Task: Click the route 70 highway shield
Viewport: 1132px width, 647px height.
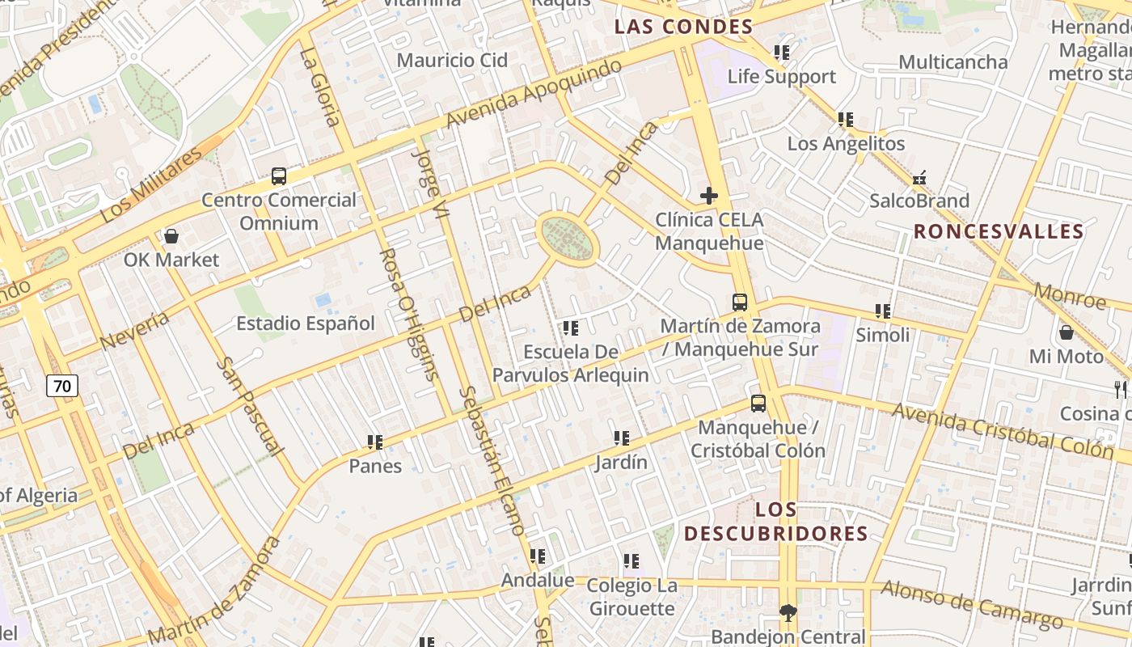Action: (x=62, y=387)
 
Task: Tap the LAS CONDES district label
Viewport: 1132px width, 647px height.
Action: (x=683, y=27)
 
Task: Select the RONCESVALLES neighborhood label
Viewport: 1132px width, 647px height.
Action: (x=999, y=232)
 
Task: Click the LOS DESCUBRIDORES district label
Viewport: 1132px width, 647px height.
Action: (x=776, y=522)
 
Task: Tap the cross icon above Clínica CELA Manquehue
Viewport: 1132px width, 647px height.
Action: (x=709, y=196)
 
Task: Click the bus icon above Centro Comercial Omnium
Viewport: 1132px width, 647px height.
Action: (x=279, y=175)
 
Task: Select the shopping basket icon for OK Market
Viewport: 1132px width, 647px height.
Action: (x=171, y=236)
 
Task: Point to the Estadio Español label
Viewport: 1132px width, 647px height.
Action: (x=305, y=323)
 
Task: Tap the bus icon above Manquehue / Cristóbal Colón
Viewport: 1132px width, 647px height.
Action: (x=758, y=403)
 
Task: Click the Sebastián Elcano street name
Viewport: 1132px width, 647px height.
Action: (x=492, y=459)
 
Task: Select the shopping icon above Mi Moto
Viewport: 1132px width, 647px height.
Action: (x=1067, y=332)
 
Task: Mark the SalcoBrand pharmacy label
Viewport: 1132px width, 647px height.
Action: (x=919, y=201)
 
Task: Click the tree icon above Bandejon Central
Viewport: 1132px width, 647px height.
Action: (x=788, y=613)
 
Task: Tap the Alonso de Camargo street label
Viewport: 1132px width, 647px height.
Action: (x=972, y=604)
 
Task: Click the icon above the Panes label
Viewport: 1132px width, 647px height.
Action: (x=375, y=442)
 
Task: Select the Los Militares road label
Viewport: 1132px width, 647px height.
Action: (x=151, y=185)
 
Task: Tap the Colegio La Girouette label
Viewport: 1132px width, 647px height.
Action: (x=631, y=597)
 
